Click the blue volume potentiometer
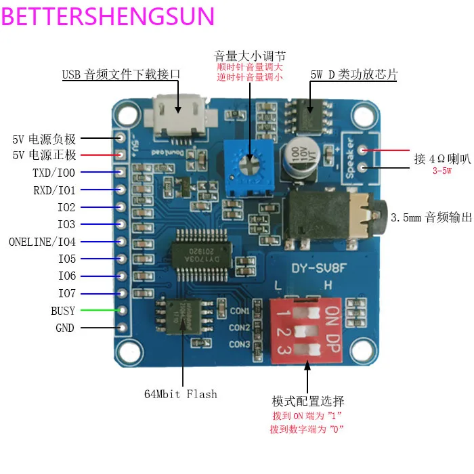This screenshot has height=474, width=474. pyautogui.click(x=250, y=163)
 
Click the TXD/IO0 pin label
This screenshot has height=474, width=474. pyautogui.click(x=54, y=173)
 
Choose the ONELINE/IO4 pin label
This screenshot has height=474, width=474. pyautogui.click(x=43, y=242)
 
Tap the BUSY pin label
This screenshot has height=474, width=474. pyautogui.click(x=63, y=311)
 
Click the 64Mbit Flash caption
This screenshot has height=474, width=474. pyautogui.click(x=181, y=393)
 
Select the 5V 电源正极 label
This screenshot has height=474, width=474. pyautogui.click(x=45, y=156)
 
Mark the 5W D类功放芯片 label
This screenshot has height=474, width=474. pyautogui.click(x=352, y=75)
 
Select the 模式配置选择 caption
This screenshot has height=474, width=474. pyautogui.click(x=307, y=400)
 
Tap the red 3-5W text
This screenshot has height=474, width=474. pyautogui.click(x=442, y=171)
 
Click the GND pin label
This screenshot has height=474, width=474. pyautogui.click(x=65, y=328)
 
